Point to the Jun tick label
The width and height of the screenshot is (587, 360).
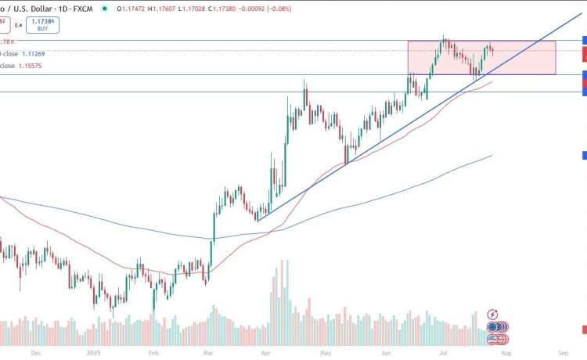[x=385, y=353]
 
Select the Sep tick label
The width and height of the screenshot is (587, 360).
[x=564, y=353]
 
